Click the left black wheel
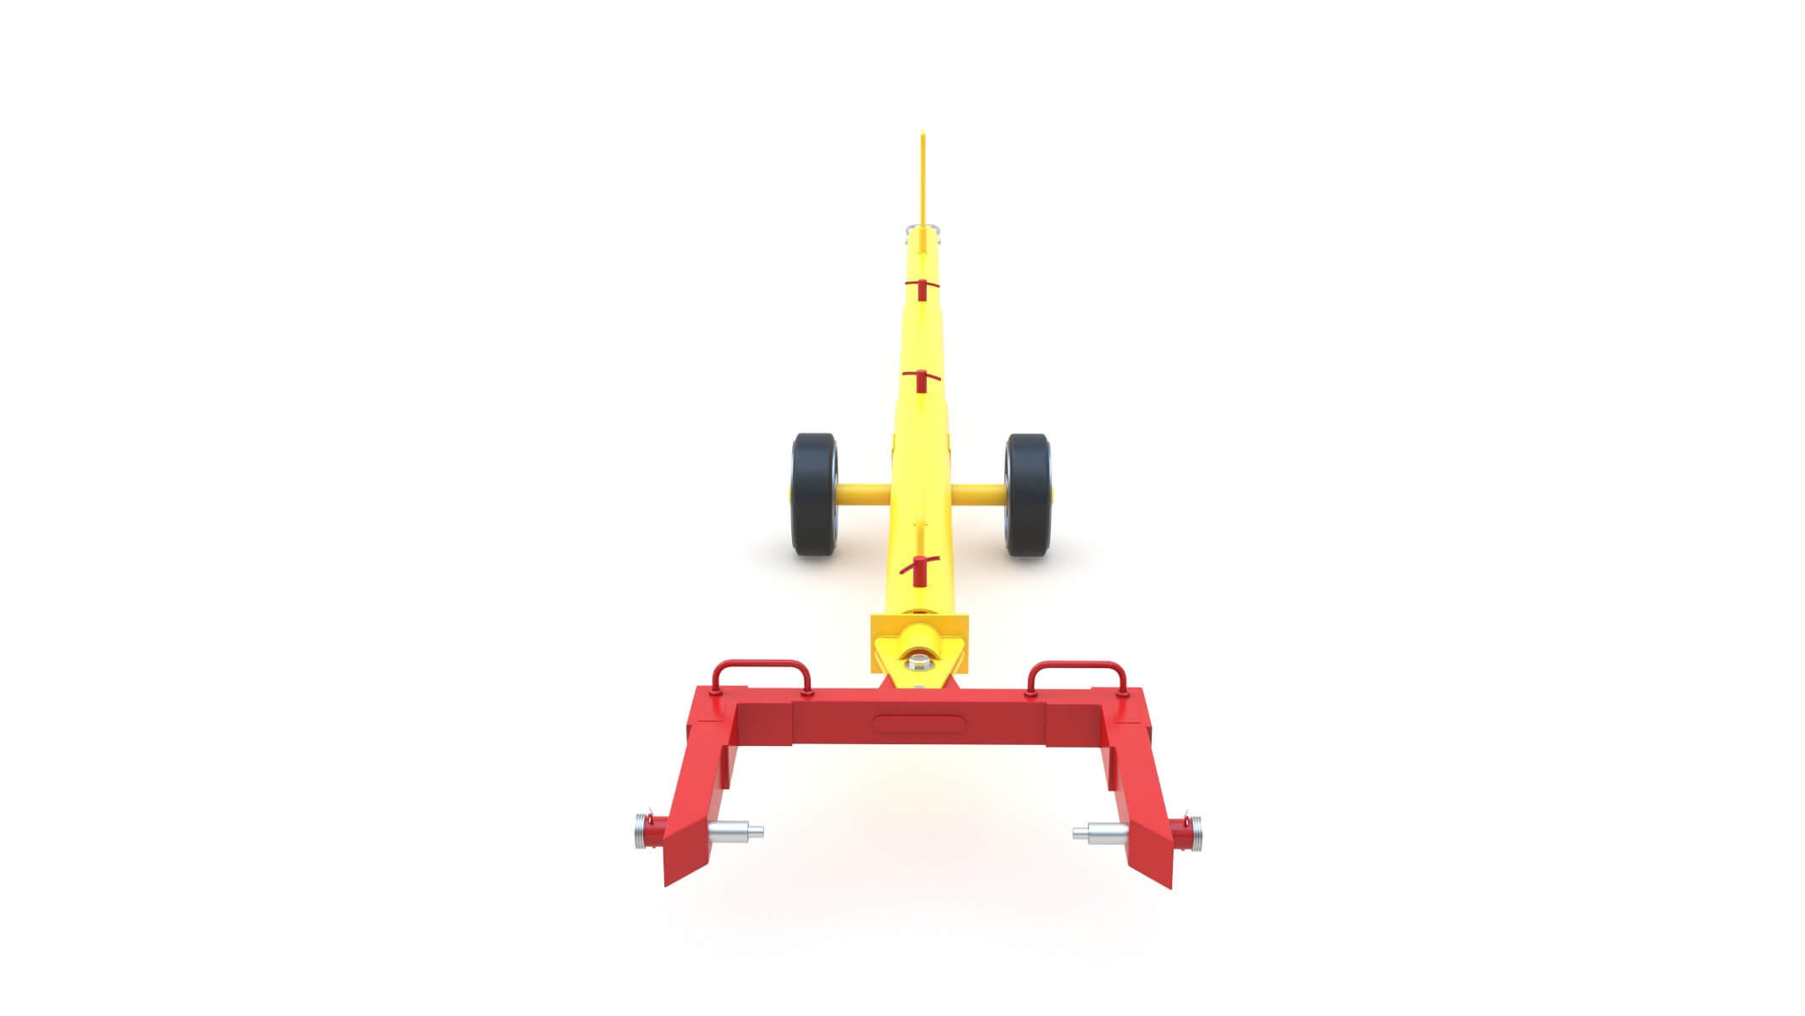click(x=814, y=494)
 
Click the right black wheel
click(x=1028, y=494)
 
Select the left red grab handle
click(x=762, y=669)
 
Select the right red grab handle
click(x=1076, y=669)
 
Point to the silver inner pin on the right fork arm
click(x=1102, y=833)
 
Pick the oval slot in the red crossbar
click(x=919, y=723)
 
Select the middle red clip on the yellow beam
click(x=922, y=378)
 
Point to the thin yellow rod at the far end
click(x=922, y=178)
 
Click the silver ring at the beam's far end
click(x=922, y=229)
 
